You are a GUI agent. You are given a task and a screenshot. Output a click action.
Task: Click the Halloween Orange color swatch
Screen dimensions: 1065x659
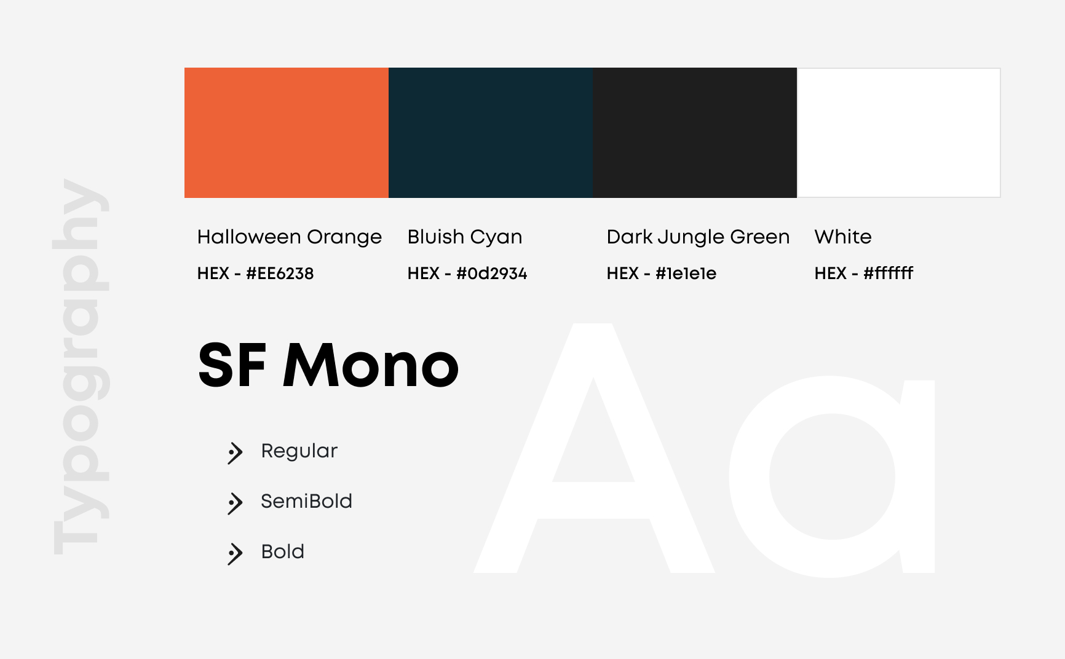287,133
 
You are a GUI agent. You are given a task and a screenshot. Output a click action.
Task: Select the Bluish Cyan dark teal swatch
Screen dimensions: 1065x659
491,133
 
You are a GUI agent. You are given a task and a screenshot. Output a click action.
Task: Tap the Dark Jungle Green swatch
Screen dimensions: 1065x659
695,133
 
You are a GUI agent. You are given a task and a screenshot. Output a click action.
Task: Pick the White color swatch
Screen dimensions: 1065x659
899,133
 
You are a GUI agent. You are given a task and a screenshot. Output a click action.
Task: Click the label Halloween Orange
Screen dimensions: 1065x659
290,237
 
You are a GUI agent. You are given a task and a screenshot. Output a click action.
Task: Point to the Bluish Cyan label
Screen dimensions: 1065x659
465,237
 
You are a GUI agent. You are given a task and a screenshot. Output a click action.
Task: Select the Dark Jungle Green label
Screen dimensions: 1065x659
698,237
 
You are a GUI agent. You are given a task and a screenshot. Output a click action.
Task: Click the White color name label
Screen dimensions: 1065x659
843,237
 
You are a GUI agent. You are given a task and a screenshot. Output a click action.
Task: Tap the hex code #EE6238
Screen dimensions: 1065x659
280,274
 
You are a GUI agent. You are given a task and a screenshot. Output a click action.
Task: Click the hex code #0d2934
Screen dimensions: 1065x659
492,274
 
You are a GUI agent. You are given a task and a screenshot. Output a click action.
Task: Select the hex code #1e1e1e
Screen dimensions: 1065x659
686,274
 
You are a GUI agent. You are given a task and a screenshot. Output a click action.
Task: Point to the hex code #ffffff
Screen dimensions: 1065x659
889,273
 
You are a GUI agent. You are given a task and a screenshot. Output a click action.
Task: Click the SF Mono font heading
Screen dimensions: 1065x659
328,365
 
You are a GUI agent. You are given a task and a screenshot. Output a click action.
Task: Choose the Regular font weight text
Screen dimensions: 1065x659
299,451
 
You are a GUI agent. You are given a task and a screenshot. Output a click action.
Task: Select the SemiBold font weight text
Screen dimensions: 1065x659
306,501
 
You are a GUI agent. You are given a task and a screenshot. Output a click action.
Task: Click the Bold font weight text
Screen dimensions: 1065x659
283,551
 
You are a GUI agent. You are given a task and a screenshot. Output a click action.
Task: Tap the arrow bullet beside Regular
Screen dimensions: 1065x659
235,453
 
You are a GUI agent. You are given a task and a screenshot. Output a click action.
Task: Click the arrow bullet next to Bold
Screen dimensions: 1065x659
235,554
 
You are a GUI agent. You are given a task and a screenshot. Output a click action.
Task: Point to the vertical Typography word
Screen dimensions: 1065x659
81,367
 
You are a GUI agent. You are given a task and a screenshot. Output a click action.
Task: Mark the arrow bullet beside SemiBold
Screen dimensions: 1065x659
235,503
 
